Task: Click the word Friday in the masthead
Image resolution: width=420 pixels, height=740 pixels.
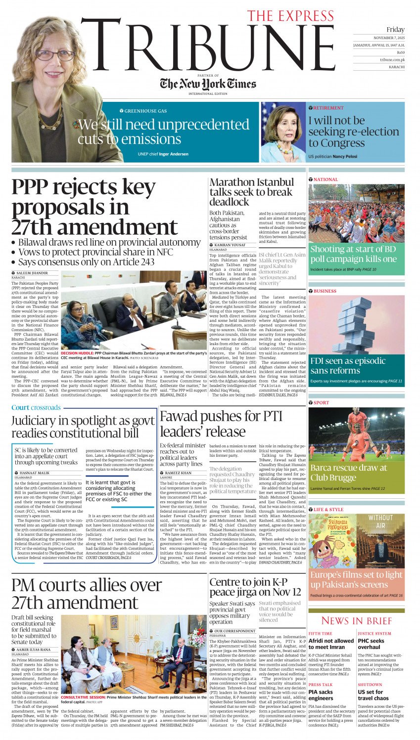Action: tap(395, 30)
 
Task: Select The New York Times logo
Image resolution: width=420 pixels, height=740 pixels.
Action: tap(208, 84)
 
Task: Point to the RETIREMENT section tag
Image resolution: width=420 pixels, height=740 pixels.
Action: tap(328, 108)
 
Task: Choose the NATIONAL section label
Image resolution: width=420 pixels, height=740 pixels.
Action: tap(326, 179)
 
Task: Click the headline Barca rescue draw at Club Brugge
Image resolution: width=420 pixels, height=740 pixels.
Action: tap(348, 473)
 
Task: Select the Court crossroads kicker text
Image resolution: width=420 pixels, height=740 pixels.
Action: tap(36, 407)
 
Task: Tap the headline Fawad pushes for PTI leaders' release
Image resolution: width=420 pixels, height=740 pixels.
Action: tap(221, 423)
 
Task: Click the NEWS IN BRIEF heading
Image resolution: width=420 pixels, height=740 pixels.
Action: tap(356, 620)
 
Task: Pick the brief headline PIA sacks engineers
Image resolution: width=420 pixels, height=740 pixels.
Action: tap(321, 695)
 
